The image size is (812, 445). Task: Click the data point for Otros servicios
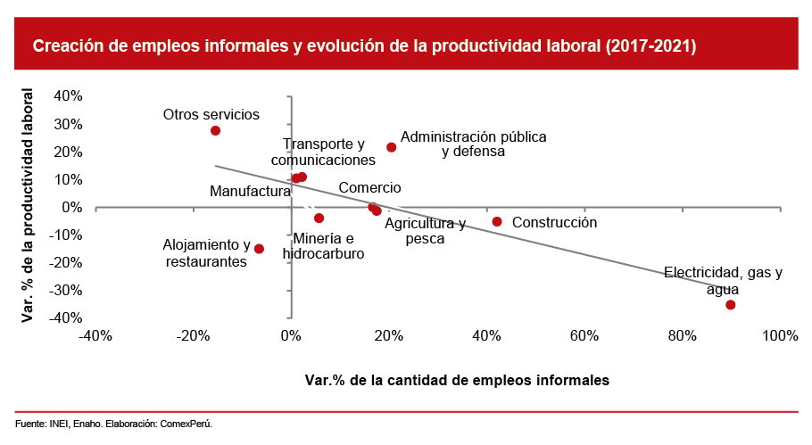(x=215, y=131)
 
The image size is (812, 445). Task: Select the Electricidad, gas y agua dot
(x=730, y=305)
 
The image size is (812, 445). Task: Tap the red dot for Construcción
(x=497, y=221)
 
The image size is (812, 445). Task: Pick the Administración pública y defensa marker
(x=391, y=147)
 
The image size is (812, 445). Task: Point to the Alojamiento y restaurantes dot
(x=259, y=249)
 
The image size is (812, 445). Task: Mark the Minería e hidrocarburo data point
(x=319, y=218)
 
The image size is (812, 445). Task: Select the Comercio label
(x=369, y=188)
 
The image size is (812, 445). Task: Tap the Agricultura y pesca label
(x=425, y=231)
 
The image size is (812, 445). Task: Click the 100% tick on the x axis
(x=780, y=335)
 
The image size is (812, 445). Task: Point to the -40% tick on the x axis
(x=95, y=335)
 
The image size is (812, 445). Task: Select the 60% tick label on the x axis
(x=584, y=335)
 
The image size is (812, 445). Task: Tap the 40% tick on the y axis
(x=69, y=96)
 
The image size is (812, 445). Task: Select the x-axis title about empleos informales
(x=457, y=380)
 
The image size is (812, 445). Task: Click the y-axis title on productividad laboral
(x=28, y=204)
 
